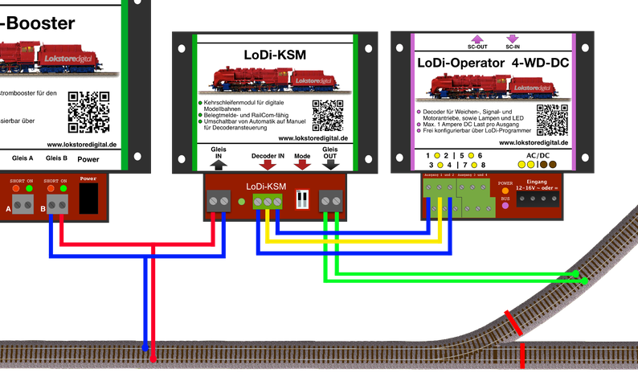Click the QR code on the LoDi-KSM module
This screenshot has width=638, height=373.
point(328,116)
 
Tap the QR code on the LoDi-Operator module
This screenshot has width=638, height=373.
point(551,121)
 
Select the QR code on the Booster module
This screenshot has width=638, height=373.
point(88,112)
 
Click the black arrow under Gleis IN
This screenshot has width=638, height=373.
point(219,162)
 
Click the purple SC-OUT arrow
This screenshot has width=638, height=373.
point(476,38)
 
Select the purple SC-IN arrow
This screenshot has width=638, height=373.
point(511,38)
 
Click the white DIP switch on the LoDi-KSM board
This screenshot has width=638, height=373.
point(304,199)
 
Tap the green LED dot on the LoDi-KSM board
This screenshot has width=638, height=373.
point(242,201)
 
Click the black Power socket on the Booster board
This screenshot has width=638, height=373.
point(89,199)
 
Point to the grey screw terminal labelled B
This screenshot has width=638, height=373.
point(56,208)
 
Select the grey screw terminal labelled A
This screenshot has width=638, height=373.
point(20,208)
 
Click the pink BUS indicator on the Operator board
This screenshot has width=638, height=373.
point(505,206)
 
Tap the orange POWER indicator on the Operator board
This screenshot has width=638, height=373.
point(505,191)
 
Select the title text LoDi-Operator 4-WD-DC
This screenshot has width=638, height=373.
point(491,63)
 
